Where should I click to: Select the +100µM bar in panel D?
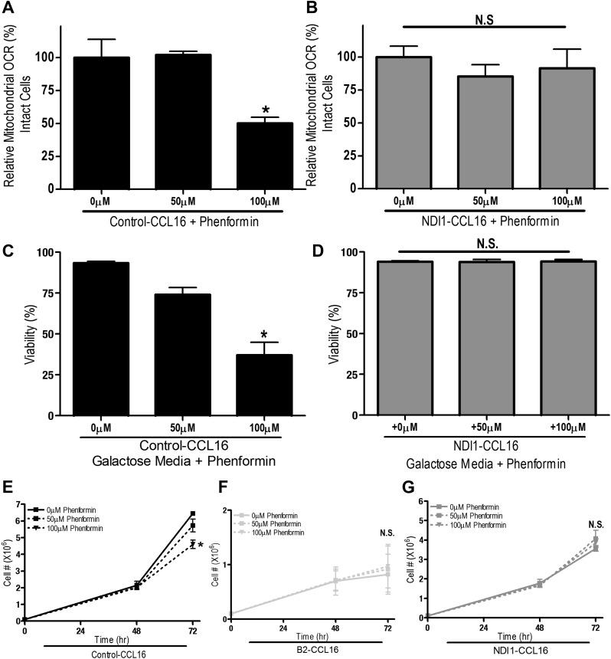(x=563, y=338)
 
